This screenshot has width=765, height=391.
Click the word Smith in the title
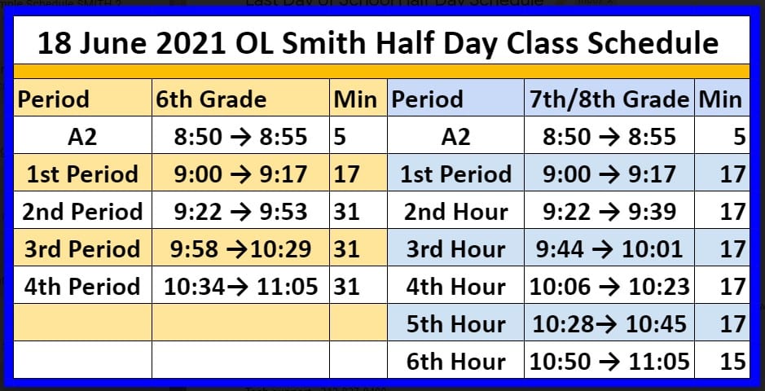click(x=323, y=43)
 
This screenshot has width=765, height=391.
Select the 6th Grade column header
click(x=211, y=99)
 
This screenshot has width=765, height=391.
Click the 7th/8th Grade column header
click(x=609, y=99)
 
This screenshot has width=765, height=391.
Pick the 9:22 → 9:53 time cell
click(x=240, y=212)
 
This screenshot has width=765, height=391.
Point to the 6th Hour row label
click(x=455, y=362)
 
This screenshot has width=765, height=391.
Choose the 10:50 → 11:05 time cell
click(x=609, y=362)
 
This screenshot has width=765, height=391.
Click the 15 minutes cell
click(x=732, y=362)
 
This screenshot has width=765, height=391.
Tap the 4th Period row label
click(x=82, y=287)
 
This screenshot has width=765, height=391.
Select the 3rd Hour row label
click(x=455, y=249)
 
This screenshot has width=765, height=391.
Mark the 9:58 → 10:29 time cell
click(x=240, y=249)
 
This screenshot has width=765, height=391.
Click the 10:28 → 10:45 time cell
click(x=609, y=324)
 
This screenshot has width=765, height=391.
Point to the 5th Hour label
click(x=455, y=324)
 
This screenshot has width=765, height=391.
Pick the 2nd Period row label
click(x=82, y=212)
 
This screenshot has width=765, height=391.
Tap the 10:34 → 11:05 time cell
click(x=240, y=287)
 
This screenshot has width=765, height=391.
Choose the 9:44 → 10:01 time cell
click(x=609, y=249)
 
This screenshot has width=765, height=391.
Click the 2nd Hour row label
click(x=455, y=212)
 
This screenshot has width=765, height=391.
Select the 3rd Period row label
click(x=82, y=249)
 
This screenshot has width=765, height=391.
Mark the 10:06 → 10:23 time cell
click(x=609, y=287)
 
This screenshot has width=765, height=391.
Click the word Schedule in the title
click(x=653, y=43)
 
